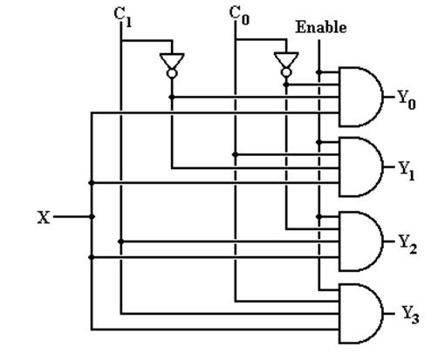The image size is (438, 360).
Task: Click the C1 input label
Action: tap(123, 17)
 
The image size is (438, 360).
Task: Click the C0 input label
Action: tap(239, 16)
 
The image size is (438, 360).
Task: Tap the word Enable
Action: tap(321, 28)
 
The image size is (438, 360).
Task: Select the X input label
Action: tap(44, 217)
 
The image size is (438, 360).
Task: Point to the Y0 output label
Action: tap(407, 100)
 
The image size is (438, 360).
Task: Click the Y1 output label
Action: tap(407, 171)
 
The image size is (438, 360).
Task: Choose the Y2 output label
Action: tap(407, 244)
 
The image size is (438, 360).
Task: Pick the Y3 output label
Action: tap(410, 315)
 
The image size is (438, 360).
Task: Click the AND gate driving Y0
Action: tap(361, 97)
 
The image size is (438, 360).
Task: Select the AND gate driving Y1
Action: tap(361, 167)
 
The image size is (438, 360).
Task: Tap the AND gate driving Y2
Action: tap(361, 241)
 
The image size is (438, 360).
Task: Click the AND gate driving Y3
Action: tap(361, 314)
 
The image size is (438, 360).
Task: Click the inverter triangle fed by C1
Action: tap(172, 60)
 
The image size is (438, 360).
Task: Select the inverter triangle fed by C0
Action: tap(286, 59)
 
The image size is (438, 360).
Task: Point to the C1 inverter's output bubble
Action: tap(172, 73)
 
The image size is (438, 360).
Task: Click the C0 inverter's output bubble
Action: tap(286, 72)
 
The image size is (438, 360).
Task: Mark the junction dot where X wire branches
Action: tap(92, 217)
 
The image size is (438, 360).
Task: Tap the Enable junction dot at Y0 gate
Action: tap(319, 71)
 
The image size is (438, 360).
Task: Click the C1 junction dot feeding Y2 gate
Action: tap(121, 241)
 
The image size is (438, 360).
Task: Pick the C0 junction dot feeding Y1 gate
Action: tap(236, 154)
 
